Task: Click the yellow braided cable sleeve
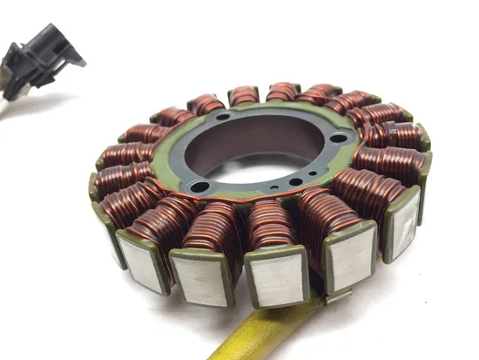(261, 336)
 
